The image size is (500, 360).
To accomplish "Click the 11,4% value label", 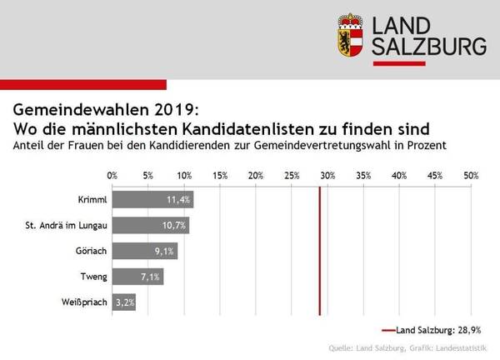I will pos(179,200).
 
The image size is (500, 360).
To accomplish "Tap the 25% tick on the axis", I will pos(292,176).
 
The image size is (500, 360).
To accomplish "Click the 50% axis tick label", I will pos(471,176).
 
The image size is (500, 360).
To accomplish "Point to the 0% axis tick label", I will pos(112,176).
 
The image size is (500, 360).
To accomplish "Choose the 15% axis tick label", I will pos(220,176).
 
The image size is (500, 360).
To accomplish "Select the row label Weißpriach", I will pos(83,302).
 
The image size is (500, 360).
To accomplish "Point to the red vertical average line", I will pos(320,250).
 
